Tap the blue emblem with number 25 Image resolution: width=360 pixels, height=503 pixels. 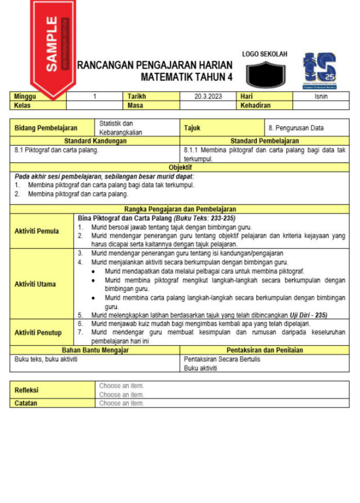(319, 69)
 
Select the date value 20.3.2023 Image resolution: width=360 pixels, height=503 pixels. (208, 97)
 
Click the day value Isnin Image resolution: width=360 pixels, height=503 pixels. (321, 97)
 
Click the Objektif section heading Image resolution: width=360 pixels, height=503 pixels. (180, 167)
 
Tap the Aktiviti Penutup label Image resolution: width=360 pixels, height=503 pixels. (38, 333)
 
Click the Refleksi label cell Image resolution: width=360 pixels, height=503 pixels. (26, 390)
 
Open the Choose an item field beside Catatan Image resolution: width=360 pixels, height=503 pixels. (121, 403)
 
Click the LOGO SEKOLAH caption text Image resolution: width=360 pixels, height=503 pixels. (264, 55)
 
